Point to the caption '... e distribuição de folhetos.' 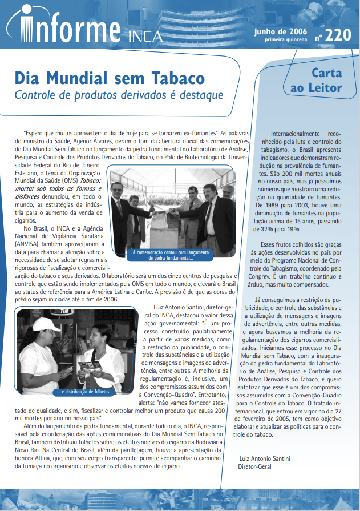pyautogui.click(x=84, y=392)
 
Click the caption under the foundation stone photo pyautogui.click(x=172, y=255)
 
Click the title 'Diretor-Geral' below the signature pyautogui.click(x=254, y=466)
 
